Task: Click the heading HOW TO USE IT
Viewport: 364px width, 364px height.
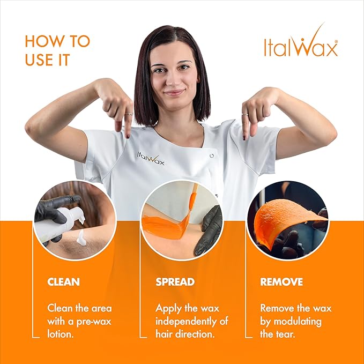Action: (57, 50)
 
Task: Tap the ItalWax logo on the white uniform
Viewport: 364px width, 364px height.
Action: (150, 159)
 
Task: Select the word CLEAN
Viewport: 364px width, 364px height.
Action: (64, 281)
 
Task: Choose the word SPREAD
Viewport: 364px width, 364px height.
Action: (175, 281)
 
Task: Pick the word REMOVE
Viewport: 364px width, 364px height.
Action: (281, 281)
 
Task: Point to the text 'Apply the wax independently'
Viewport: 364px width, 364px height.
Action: (191, 321)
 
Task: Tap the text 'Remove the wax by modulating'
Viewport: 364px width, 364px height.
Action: (295, 321)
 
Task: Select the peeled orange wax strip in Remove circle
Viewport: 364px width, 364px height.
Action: (281, 214)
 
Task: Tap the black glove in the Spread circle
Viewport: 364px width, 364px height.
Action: (209, 231)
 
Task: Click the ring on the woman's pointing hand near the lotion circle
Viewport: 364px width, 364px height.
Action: (129, 114)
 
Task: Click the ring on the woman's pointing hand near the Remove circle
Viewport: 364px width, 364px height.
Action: (244, 114)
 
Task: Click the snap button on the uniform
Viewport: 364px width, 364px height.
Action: (212, 155)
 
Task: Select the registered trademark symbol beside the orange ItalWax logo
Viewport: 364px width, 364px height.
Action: (336, 40)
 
